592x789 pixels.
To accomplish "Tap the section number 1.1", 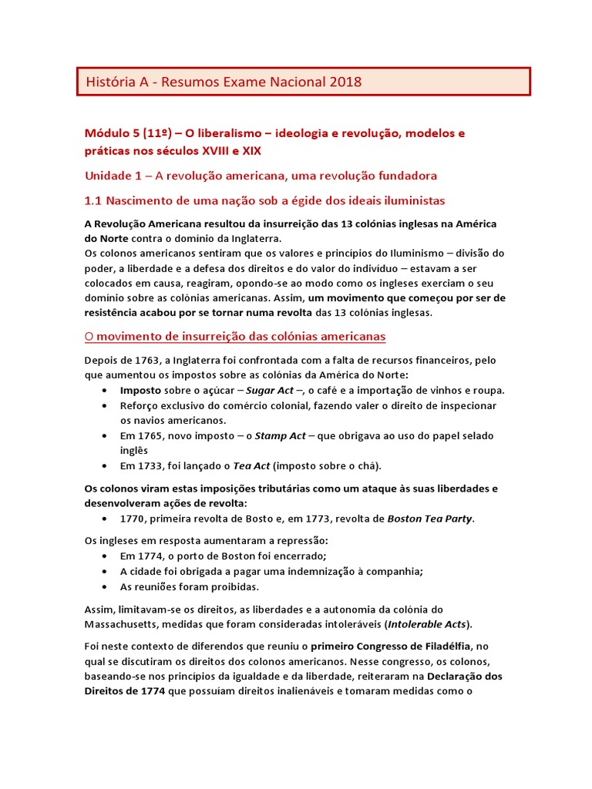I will pyautogui.click(x=92, y=200).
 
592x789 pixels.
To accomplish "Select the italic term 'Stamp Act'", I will pyautogui.click(x=280, y=435).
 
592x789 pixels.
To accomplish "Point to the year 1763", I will pyautogui.click(x=146, y=360).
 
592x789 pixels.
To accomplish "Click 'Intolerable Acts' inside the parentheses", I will pyautogui.click(x=429, y=623).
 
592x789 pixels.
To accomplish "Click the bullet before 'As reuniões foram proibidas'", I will pyautogui.click(x=104, y=586).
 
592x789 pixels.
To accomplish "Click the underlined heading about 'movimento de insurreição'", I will pyautogui.click(x=234, y=337).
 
